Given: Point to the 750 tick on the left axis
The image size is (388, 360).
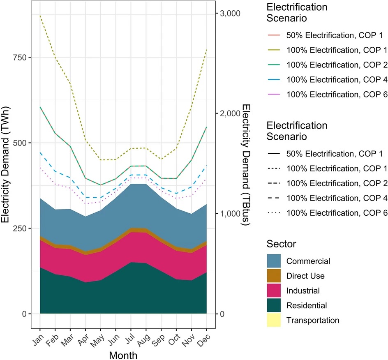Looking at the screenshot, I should [x=21, y=58].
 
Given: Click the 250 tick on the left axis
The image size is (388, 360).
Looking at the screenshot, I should [x=21, y=228].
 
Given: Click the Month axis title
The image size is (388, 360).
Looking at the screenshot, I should [x=123, y=354].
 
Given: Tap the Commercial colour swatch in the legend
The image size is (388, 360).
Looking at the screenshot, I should [x=273, y=261].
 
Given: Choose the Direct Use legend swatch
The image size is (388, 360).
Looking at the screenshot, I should [x=273, y=276].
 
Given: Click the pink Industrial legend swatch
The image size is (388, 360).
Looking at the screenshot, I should [x=273, y=291].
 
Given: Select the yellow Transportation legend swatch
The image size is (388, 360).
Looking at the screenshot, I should [x=273, y=320].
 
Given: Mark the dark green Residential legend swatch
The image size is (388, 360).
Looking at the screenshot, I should [x=273, y=305].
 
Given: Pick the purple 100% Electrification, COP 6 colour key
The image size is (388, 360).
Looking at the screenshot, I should [x=273, y=95].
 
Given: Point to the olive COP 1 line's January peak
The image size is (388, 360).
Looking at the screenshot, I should [x=40, y=16].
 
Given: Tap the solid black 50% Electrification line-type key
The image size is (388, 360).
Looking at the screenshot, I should [x=273, y=154].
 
